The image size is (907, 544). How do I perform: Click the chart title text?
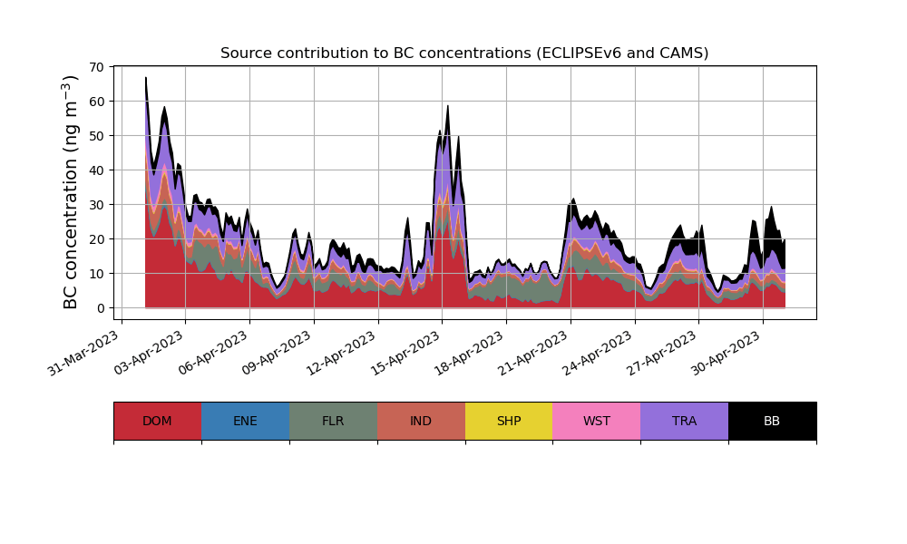coord(464,53)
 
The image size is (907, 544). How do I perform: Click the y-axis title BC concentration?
coord(72,191)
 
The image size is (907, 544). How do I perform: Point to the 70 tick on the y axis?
coord(100,67)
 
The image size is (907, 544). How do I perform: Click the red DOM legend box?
coord(157,421)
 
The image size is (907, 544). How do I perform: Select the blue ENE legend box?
coord(245,421)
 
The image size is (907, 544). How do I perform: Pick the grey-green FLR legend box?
coord(333,421)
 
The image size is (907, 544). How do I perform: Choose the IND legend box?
coord(421,421)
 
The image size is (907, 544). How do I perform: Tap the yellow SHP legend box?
coord(509,421)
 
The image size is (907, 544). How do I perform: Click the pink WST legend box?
coord(596,421)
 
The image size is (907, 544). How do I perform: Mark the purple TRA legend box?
coord(684,421)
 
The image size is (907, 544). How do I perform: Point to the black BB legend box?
coord(772,421)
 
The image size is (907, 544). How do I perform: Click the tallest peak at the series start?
coord(146,78)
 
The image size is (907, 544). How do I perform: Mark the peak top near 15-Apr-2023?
coord(448,106)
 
